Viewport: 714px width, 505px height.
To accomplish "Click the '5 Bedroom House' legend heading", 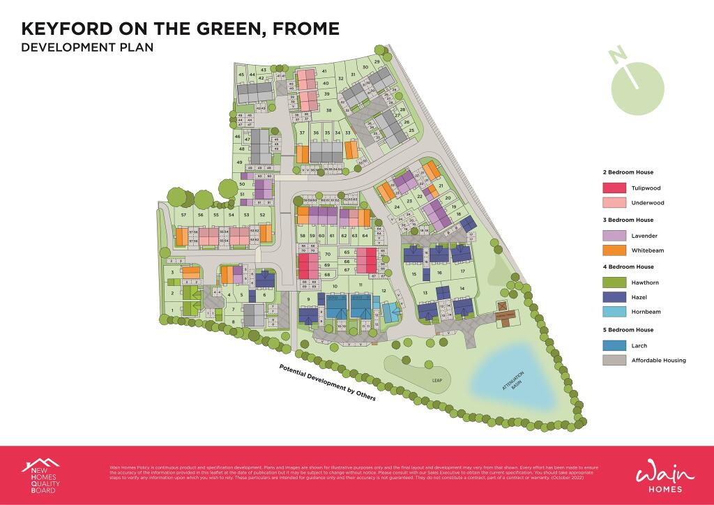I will [628, 330].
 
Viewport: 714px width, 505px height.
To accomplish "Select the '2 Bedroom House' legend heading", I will [628, 172].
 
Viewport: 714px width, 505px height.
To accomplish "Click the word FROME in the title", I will [304, 29].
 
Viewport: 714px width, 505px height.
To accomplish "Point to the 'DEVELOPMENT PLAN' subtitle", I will [87, 48].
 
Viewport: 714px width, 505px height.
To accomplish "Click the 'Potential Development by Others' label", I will [327, 383].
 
